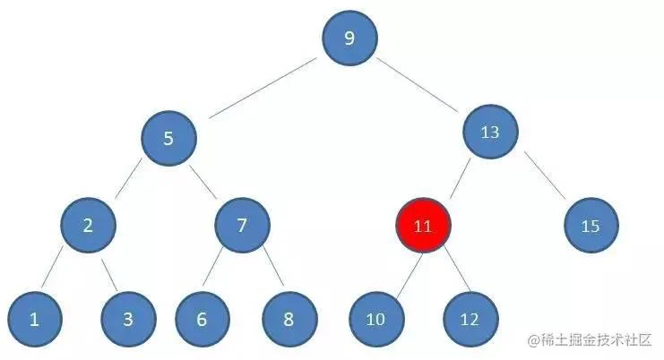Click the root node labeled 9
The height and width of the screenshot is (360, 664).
[x=349, y=39]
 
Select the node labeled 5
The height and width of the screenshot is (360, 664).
[x=169, y=138]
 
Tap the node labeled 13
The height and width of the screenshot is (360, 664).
[x=490, y=132]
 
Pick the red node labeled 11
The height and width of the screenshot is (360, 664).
[x=423, y=226]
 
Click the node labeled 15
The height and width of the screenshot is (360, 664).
[x=591, y=226]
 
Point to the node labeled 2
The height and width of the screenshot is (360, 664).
[x=88, y=225]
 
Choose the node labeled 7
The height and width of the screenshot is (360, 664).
[x=242, y=225]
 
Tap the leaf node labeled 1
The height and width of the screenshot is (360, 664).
[x=35, y=320]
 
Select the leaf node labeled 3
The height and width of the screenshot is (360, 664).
[x=129, y=320]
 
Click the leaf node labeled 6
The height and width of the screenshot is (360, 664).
[x=203, y=320]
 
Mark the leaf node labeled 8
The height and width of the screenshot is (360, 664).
[x=289, y=320]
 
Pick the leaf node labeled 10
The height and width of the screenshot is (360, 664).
[x=376, y=320]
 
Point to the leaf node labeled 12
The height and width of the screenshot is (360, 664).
[x=470, y=320]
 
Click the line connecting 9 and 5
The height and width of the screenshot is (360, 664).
[x=263, y=88]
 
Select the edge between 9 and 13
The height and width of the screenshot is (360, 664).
[x=417, y=85]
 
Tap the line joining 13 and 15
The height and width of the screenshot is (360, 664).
[x=545, y=176]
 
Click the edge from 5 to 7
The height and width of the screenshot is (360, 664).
[x=203, y=182]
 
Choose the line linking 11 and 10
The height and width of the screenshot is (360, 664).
[x=410, y=275]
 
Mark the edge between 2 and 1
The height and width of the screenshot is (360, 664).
[x=52, y=267]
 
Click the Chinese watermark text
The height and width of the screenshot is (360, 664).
[x=590, y=340]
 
